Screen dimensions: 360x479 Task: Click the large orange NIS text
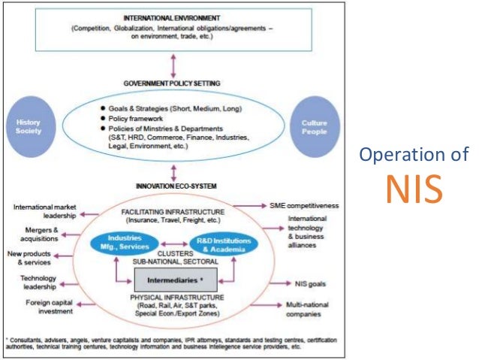coord(414,189)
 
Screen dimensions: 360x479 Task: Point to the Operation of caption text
coord(414,156)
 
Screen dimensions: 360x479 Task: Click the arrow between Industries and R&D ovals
coord(171,244)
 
